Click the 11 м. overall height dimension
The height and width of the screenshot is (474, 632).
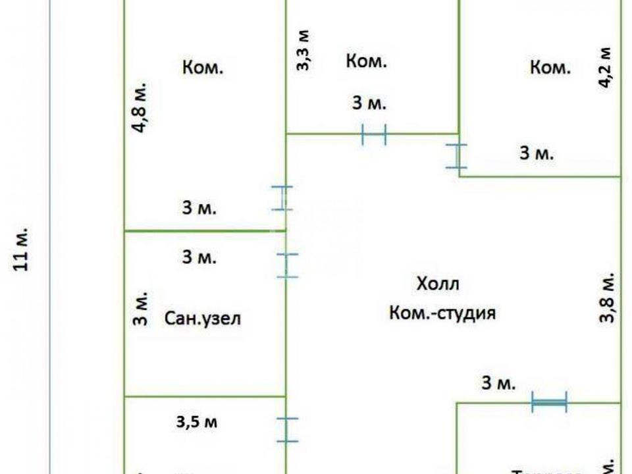[x=21, y=251]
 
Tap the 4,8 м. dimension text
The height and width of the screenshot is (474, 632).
[x=140, y=109]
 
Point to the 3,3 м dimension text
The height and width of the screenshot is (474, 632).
[x=303, y=51]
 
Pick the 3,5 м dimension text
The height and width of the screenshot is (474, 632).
[x=196, y=422]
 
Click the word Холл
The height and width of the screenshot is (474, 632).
[x=437, y=284]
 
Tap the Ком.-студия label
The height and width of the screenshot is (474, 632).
[x=442, y=313]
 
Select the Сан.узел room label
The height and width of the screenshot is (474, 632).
[x=203, y=319]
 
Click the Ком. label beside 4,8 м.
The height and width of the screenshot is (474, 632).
[x=203, y=67]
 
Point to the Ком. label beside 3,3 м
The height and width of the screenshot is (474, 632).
[x=366, y=62]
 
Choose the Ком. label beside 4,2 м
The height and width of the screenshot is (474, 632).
[x=550, y=67]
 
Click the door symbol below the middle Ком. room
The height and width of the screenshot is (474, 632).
[x=374, y=135]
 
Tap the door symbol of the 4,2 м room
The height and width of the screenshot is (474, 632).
[x=457, y=156]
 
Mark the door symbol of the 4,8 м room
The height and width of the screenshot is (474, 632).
[x=282, y=197]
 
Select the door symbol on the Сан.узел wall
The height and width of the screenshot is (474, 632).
[x=287, y=265]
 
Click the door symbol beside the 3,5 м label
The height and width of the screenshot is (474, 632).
[x=287, y=429]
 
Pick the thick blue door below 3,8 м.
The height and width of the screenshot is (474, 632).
[x=548, y=402]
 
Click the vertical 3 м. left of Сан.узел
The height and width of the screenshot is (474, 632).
[x=140, y=309]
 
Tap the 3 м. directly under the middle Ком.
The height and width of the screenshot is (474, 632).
[x=369, y=103]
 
